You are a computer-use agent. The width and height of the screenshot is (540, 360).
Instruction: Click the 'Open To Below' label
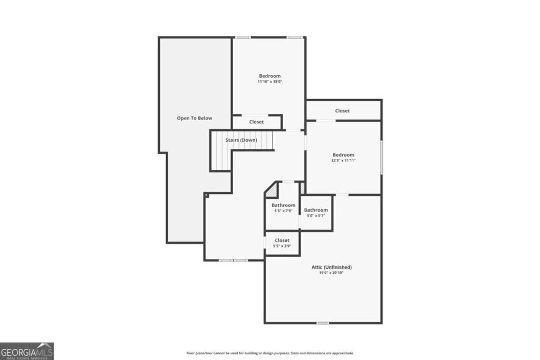194,118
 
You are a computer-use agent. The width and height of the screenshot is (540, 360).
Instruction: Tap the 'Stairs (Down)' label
241,140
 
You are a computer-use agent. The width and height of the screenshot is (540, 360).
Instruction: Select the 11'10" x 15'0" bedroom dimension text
269,82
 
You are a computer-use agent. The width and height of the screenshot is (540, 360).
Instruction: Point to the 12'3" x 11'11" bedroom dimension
343,160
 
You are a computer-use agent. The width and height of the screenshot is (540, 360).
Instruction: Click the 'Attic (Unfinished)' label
331,267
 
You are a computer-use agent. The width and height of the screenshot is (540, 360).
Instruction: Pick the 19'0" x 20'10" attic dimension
331,273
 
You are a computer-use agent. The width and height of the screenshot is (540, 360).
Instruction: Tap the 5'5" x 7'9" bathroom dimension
283,211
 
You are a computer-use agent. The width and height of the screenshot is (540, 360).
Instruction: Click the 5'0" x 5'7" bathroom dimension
316,216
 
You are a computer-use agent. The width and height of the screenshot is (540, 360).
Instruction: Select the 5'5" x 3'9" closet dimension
282,246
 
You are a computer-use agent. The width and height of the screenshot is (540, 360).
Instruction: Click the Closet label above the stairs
256,122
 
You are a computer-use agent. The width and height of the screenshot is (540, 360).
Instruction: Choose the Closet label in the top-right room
342,111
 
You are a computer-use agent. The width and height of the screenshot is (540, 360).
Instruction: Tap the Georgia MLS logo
27,351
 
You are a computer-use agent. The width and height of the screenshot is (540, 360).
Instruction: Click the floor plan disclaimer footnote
270,353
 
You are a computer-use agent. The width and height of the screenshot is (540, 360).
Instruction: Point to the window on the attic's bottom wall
323,323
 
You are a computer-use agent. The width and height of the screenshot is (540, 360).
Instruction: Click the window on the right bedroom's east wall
381,157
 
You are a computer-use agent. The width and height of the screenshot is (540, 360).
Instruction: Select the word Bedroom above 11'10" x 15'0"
269,76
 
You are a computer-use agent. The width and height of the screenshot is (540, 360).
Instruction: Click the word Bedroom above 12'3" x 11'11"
343,155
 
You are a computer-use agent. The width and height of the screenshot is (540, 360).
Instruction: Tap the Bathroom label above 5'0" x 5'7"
316,210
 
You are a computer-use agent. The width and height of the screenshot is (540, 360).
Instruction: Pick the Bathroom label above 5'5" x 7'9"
283,205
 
